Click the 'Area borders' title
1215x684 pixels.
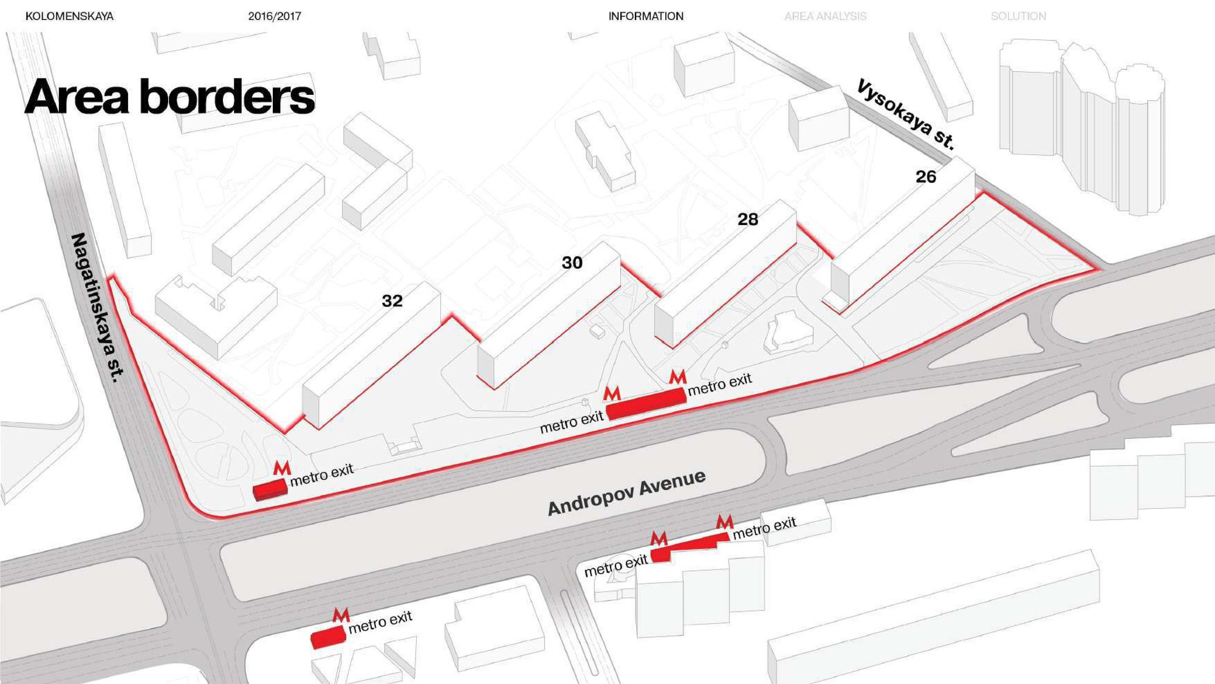pyautogui.click(x=169, y=96)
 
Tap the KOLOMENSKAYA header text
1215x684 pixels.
pyautogui.click(x=69, y=16)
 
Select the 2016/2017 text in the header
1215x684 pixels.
pyautogui.click(x=275, y=16)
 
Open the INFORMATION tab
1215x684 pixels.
pyautogui.click(x=646, y=16)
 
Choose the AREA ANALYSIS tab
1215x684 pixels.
pyautogui.click(x=825, y=16)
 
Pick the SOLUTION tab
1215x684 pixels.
pyautogui.click(x=1018, y=16)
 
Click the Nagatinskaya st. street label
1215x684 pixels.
pyautogui.click(x=97, y=308)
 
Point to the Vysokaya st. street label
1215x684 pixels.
pyautogui.click(x=906, y=114)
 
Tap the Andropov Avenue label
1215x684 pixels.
pyautogui.click(x=626, y=492)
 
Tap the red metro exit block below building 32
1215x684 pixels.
pyautogui.click(x=270, y=489)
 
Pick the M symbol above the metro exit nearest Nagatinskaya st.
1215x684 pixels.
pyautogui.click(x=282, y=468)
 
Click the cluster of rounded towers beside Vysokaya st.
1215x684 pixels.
pyautogui.click(x=1082, y=125)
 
